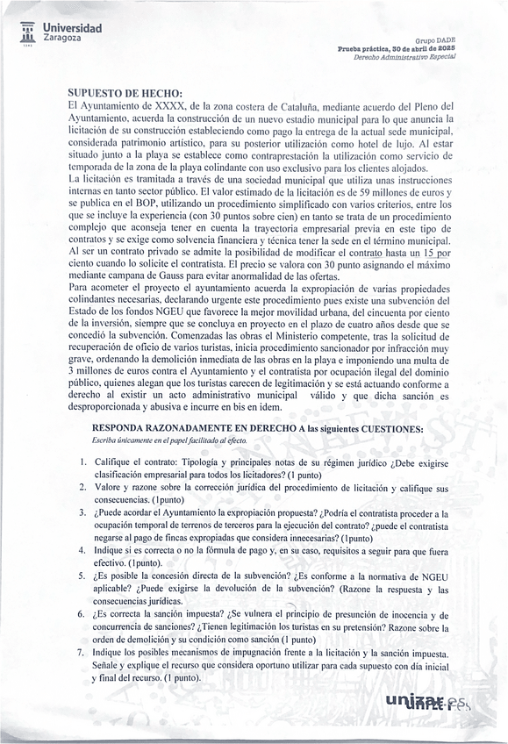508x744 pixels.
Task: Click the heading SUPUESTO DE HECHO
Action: pos(125,92)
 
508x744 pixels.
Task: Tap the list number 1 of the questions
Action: pos(82,462)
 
